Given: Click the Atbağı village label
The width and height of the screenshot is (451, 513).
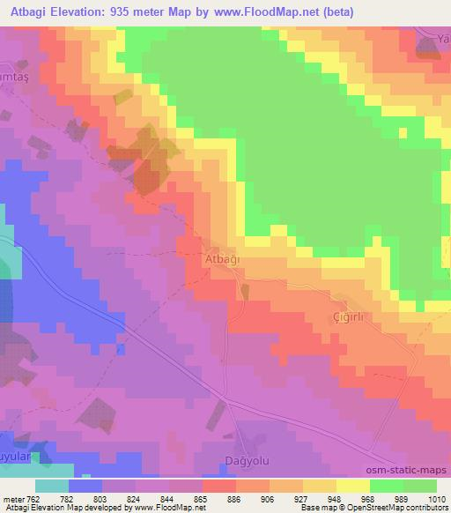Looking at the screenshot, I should tap(223, 260).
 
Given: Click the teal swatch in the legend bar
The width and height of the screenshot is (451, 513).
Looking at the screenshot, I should tap(52, 486).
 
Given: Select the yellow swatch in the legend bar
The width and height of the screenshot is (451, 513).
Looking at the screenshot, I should tap(352, 486).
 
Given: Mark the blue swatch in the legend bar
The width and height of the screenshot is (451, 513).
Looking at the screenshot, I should tap(85, 486).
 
